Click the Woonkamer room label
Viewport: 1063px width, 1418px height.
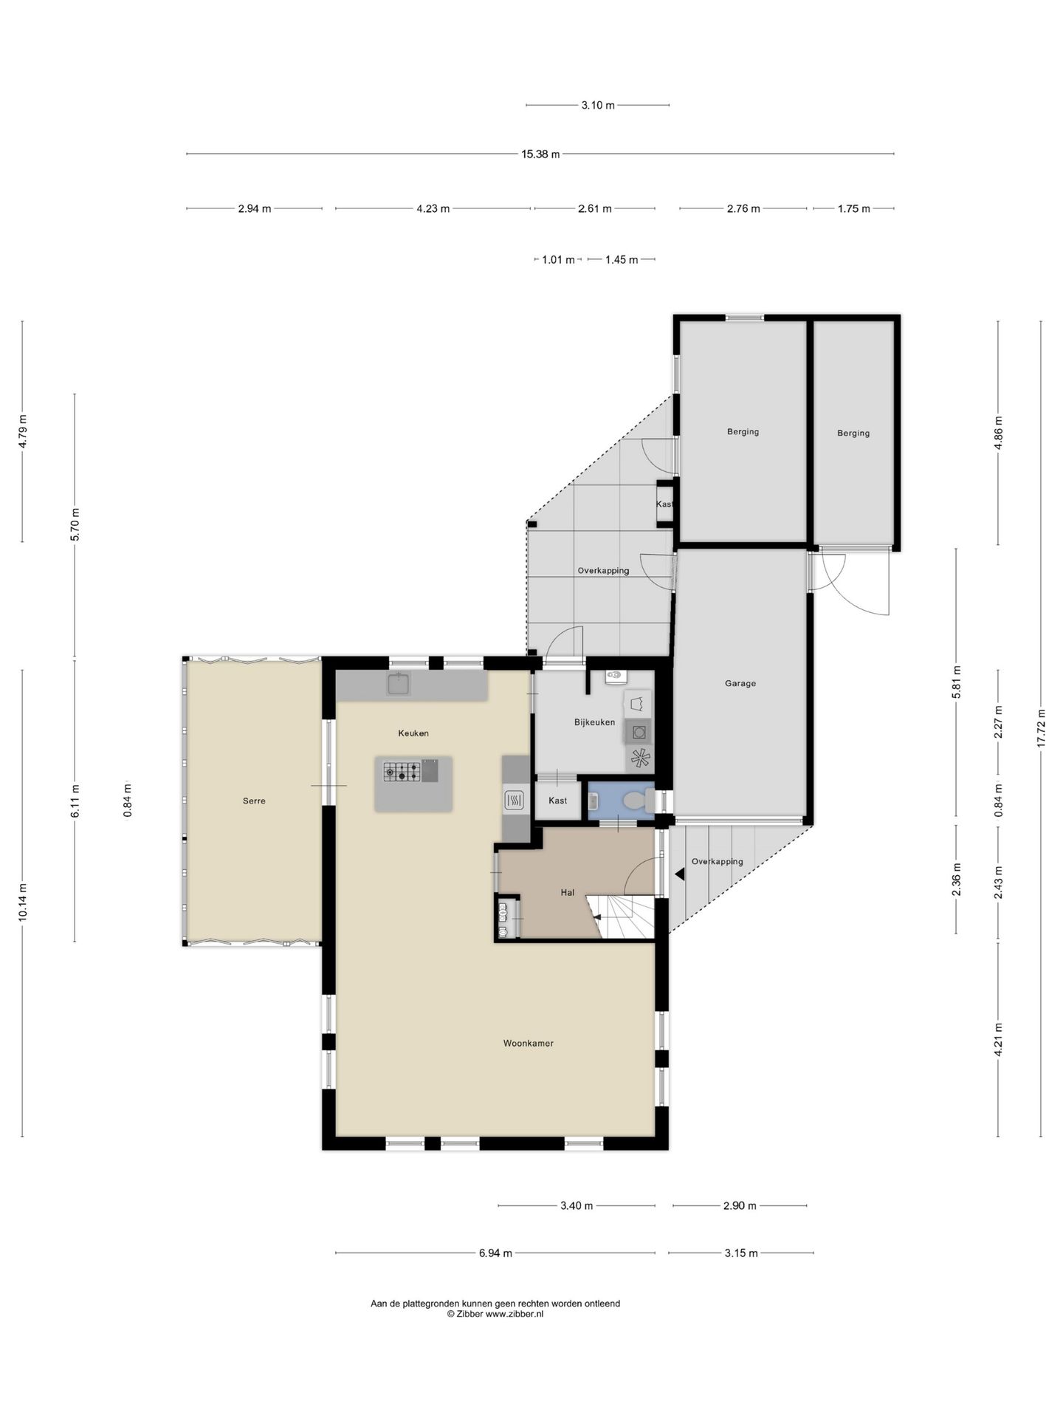tap(528, 1044)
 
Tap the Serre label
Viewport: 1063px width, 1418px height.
tap(254, 801)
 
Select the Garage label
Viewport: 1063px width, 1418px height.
tap(740, 684)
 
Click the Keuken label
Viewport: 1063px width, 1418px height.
tap(413, 733)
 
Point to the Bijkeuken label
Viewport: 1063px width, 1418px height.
tap(594, 722)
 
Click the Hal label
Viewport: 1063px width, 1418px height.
tap(567, 893)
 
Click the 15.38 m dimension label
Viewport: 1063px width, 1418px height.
tap(540, 154)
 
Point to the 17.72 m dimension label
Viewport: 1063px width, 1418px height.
tap(1042, 728)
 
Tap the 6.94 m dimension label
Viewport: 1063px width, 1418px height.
tap(495, 1253)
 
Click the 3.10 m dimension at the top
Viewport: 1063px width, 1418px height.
tap(598, 106)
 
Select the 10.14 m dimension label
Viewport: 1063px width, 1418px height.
tap(23, 902)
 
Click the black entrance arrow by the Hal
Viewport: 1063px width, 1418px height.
tap(679, 874)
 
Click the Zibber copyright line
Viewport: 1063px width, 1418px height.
tap(495, 1314)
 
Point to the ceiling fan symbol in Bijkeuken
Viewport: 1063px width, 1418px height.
tap(640, 758)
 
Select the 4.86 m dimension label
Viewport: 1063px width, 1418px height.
tap(999, 434)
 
